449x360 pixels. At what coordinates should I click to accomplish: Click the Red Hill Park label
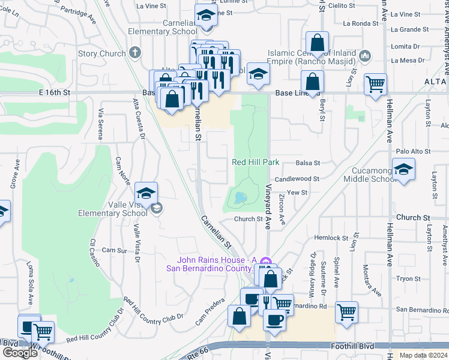click(x=256, y=163)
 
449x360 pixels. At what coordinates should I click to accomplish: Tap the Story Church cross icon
click(x=136, y=53)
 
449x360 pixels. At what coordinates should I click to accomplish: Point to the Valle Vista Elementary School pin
click(x=146, y=194)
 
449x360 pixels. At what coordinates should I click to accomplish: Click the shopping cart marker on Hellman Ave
click(x=376, y=85)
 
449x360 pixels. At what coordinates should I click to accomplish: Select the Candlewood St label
click(x=297, y=179)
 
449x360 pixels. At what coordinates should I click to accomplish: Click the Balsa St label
click(x=308, y=163)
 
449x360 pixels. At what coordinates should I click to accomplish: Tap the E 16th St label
click(x=55, y=93)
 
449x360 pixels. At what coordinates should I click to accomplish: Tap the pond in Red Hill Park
click(x=240, y=197)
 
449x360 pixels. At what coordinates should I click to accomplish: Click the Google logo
click(x=20, y=352)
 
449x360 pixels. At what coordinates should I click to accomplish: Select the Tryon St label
click(x=408, y=279)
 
